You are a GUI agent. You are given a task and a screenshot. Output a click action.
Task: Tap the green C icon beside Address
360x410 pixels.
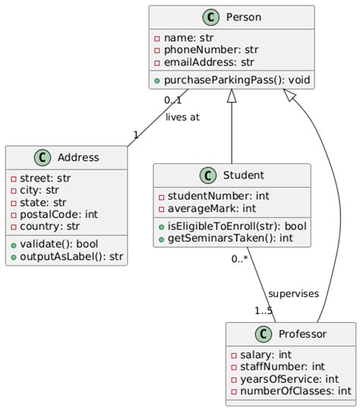pyautogui.click(x=43, y=158)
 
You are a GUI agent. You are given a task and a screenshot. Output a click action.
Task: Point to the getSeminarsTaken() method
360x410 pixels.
pyautogui.click(x=226, y=238)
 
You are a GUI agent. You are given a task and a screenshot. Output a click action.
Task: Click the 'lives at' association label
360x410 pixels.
pyautogui.click(x=182, y=117)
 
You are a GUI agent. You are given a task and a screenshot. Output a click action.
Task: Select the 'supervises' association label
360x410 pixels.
pyautogui.click(x=293, y=293)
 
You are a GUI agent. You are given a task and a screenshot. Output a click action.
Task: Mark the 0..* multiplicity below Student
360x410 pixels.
pyautogui.click(x=240, y=259)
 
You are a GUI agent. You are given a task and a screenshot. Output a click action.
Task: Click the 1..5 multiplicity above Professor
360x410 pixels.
pyautogui.click(x=264, y=310)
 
